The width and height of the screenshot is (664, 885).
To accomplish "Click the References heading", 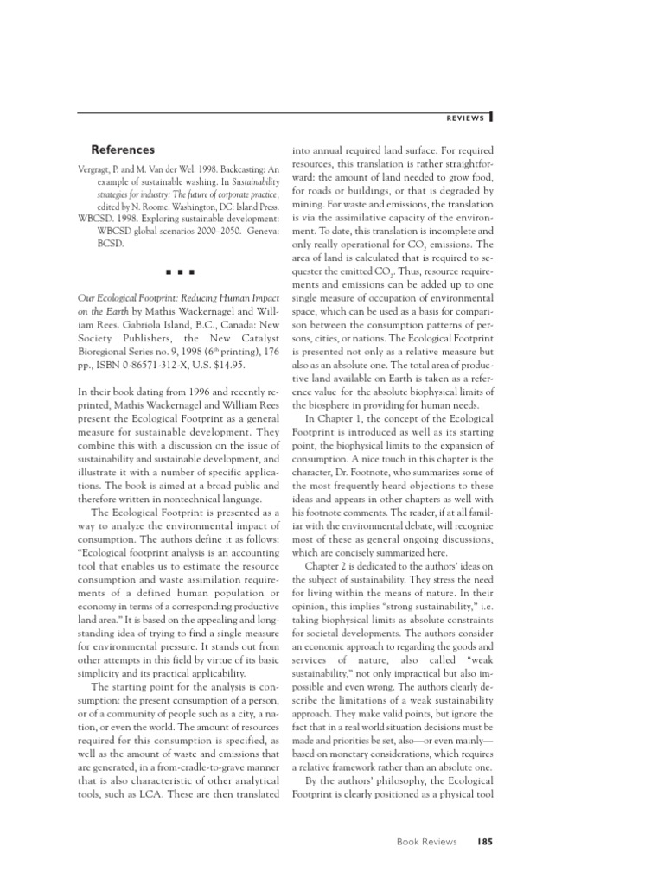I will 124,150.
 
